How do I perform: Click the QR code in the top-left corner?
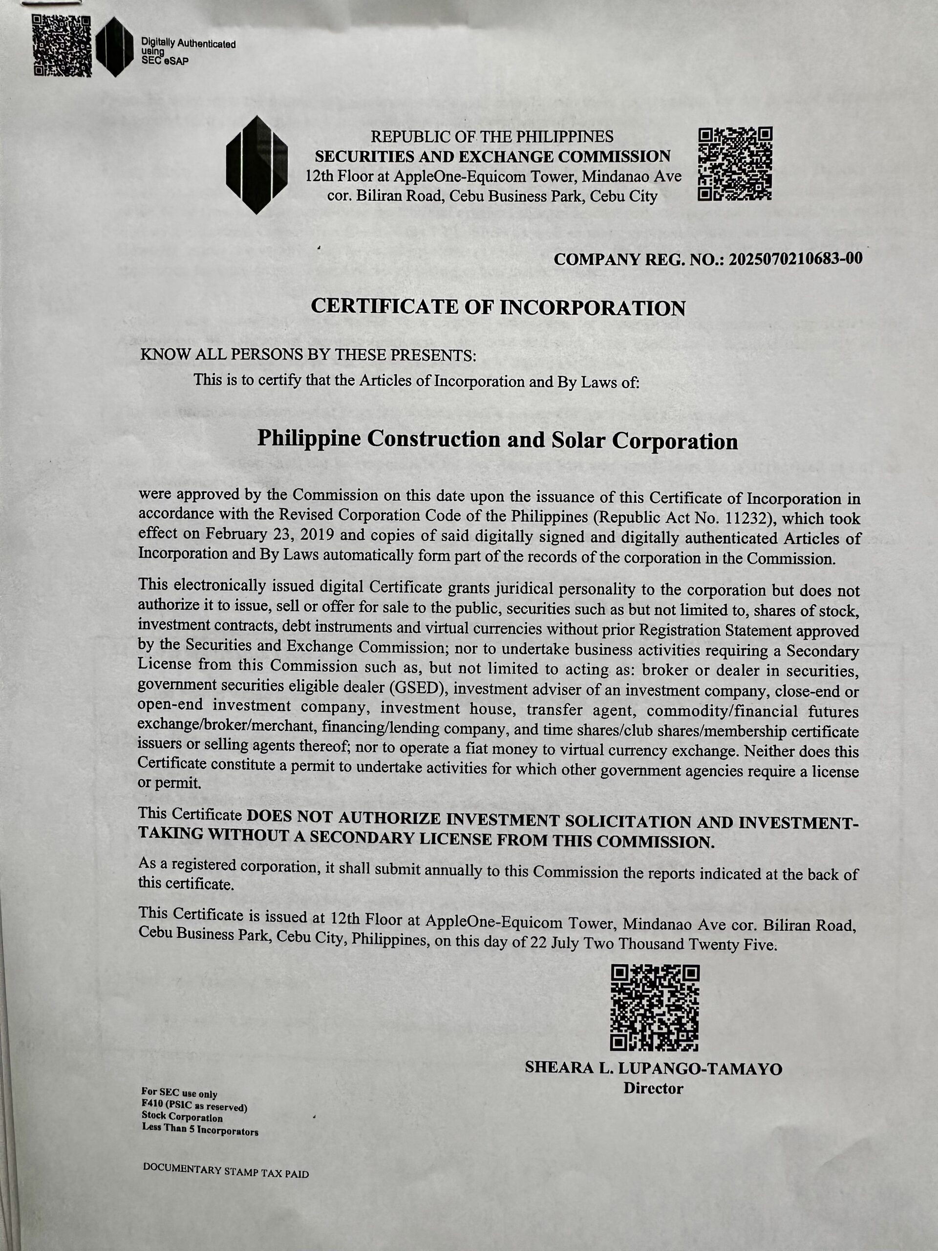pyautogui.click(x=61, y=45)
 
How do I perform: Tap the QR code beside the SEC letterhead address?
pyautogui.click(x=735, y=164)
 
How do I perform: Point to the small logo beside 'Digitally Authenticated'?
pyautogui.click(x=115, y=47)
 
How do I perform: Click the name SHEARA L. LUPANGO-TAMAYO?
pyautogui.click(x=654, y=1068)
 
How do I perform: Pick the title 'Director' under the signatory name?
pyautogui.click(x=653, y=1089)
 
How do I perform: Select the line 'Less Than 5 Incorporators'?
pyautogui.click(x=200, y=1132)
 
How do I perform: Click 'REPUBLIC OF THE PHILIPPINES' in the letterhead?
pyautogui.click(x=492, y=136)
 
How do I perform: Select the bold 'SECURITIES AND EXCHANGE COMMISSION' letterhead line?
pyautogui.click(x=492, y=156)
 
